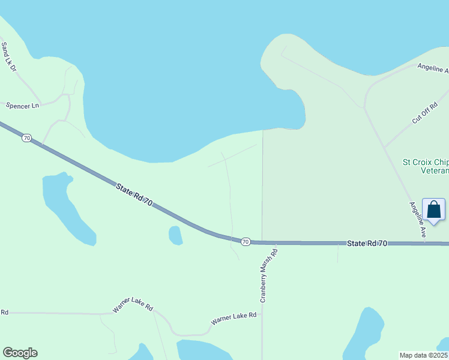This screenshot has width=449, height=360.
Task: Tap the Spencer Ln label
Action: (x=22, y=106)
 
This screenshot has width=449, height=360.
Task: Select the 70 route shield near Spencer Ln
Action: (x=26, y=138)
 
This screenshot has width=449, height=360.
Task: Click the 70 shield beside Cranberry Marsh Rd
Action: (x=246, y=241)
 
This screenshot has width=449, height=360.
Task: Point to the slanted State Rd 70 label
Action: (x=134, y=197)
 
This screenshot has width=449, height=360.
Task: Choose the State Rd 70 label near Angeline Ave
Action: (x=367, y=243)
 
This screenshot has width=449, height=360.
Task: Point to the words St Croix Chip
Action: (x=425, y=162)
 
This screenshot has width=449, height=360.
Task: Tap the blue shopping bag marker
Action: (x=433, y=211)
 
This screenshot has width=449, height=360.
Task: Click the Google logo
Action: (x=20, y=353)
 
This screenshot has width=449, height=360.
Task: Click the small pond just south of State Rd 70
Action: (x=175, y=235)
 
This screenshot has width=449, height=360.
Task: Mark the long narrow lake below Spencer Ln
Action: (x=66, y=207)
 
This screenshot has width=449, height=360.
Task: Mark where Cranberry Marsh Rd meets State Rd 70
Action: (x=262, y=242)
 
